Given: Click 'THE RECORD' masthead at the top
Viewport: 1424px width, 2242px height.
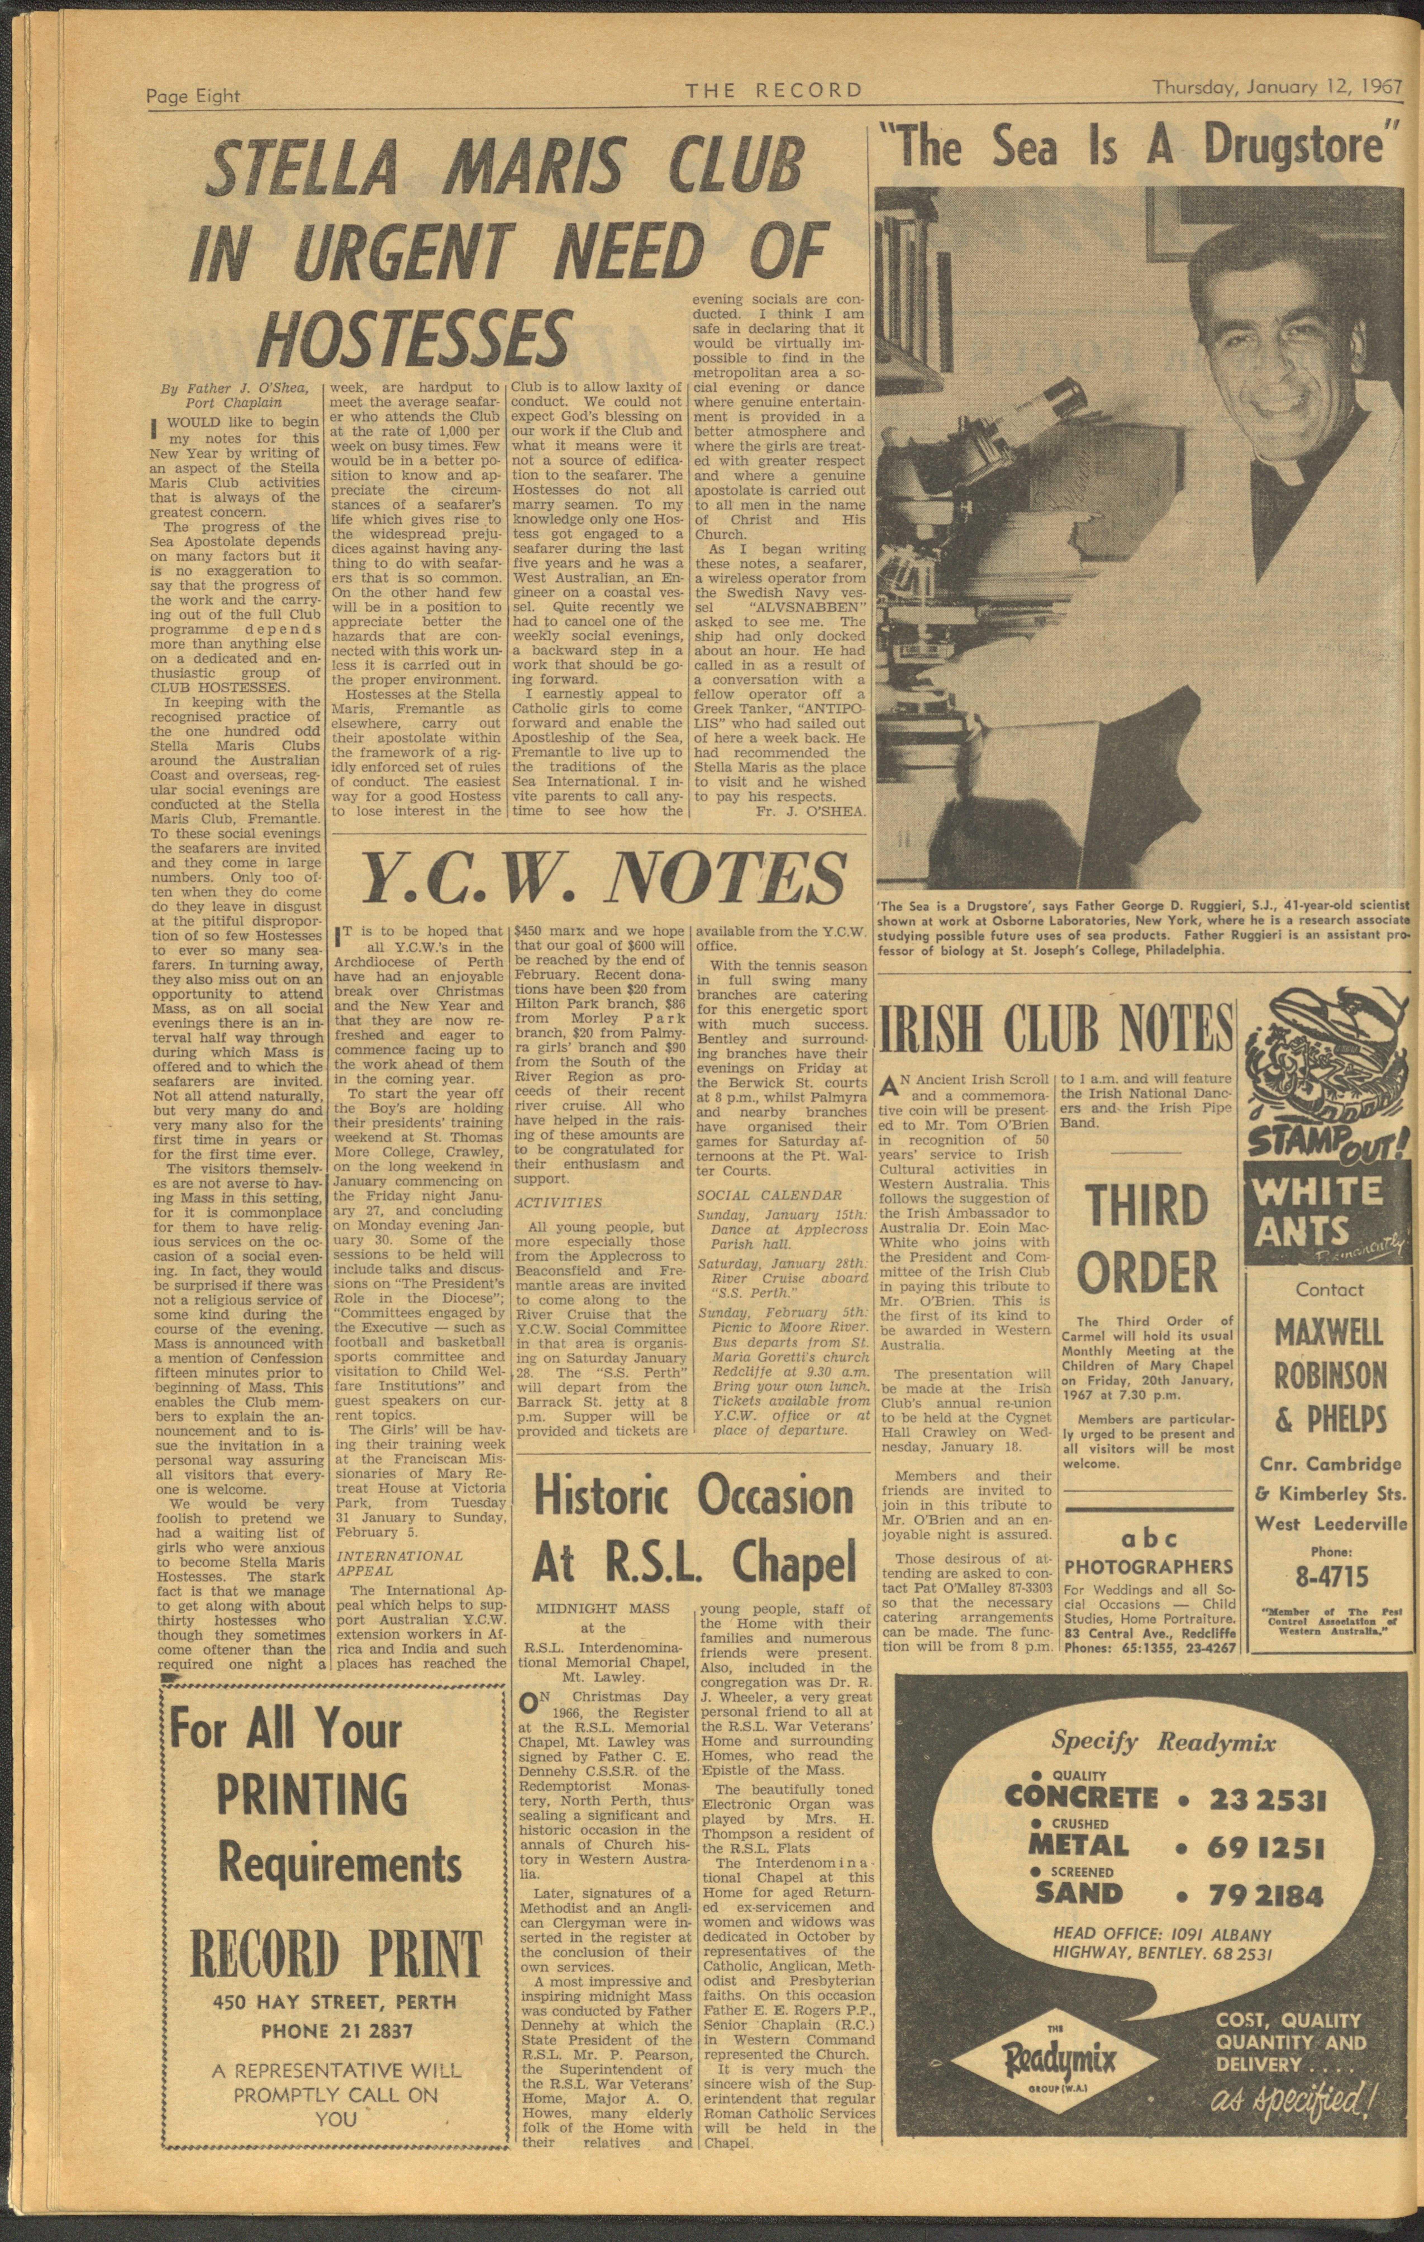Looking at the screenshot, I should tap(774, 90).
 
